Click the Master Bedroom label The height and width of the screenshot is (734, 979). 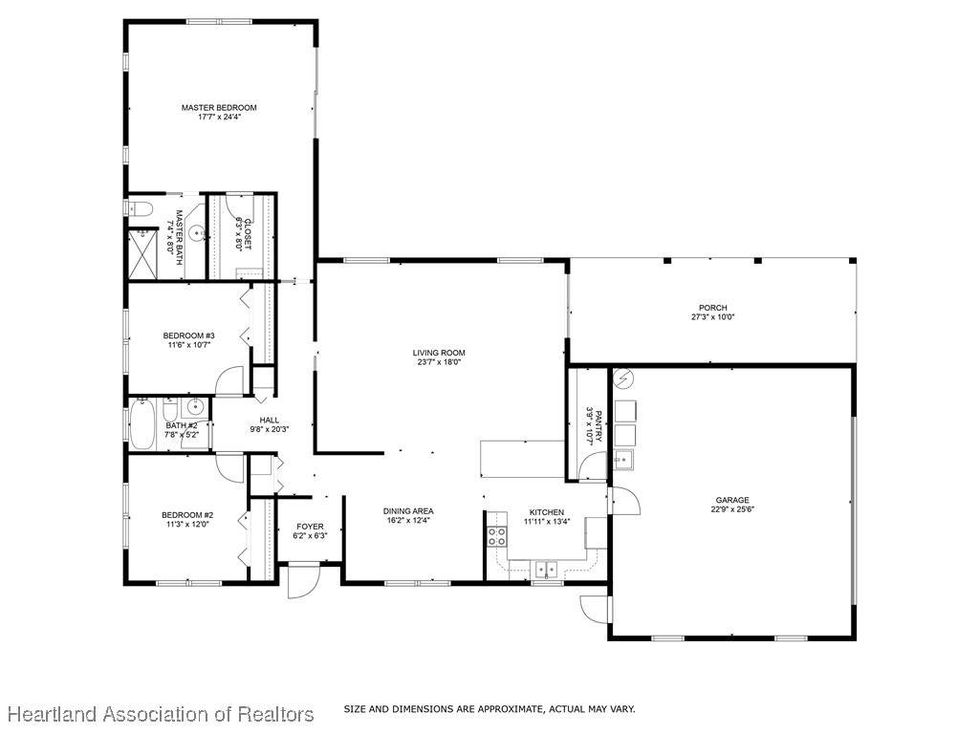219,107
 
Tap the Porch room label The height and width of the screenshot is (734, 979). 712,308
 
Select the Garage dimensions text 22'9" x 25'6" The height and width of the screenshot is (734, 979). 732,508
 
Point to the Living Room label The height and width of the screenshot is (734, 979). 439,353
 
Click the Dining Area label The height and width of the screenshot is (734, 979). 408,511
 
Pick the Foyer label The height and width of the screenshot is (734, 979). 310,527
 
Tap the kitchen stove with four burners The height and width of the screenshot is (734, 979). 497,536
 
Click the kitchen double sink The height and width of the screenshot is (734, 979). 546,570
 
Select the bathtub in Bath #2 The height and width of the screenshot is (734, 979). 142,424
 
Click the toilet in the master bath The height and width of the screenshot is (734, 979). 139,208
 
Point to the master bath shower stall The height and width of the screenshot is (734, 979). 142,254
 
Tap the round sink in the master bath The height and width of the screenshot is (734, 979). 198,235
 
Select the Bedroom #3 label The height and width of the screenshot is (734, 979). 188,335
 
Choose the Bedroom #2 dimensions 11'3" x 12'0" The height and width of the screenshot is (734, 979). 187,525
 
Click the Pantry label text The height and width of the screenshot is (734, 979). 598,426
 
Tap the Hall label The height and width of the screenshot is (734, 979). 269,421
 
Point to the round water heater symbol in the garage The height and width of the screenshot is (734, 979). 623,378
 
